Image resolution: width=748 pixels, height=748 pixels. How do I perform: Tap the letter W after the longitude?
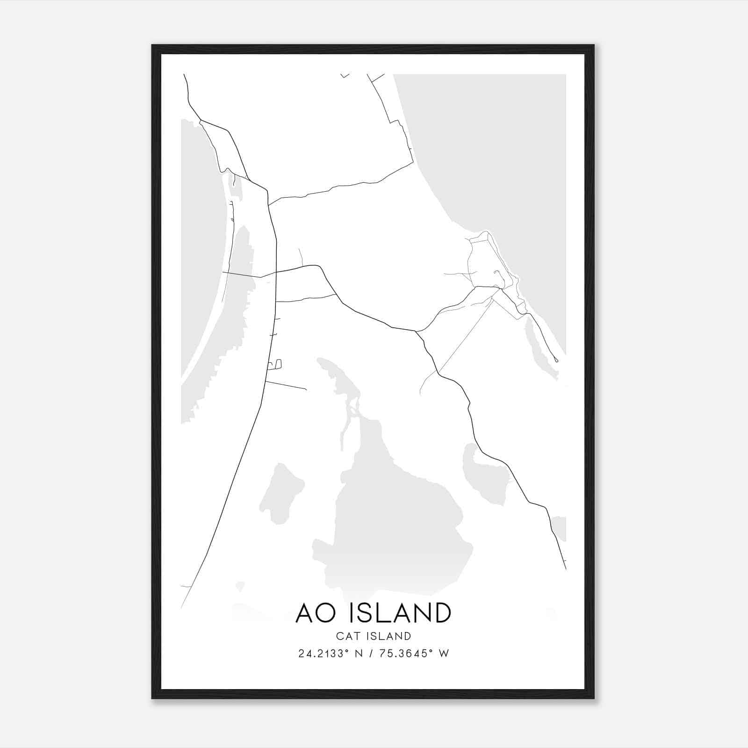click(x=444, y=654)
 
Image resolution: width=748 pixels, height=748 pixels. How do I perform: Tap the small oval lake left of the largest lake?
click(x=282, y=493)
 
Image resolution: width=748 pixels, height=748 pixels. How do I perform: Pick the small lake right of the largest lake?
click(x=484, y=475)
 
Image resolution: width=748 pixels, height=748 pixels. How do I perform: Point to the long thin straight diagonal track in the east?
click(x=465, y=337)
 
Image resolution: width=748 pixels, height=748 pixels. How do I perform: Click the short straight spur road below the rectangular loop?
click(x=286, y=385)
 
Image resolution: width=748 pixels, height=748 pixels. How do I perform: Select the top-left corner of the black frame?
click(x=152, y=45)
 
